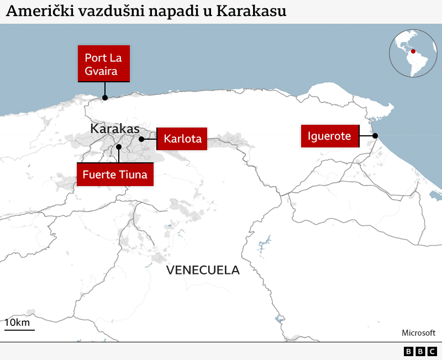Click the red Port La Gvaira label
(x=104, y=63)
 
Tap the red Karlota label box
(x=182, y=139)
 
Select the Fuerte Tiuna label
(x=115, y=174)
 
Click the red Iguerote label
(x=329, y=136)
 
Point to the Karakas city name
(x=115, y=129)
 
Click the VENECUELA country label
(x=203, y=270)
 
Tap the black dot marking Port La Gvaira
(x=104, y=98)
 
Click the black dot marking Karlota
(x=141, y=139)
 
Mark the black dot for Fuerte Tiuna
(x=119, y=147)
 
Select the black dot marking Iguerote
(x=375, y=136)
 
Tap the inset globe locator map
(x=413, y=53)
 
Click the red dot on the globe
(x=412, y=51)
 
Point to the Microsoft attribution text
(x=418, y=332)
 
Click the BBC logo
(x=420, y=351)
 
